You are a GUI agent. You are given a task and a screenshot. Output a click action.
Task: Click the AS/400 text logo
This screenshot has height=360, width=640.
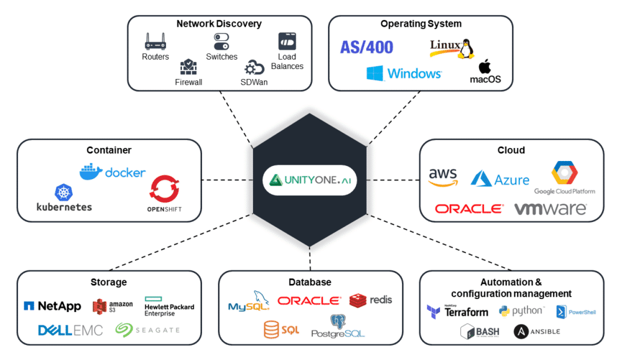[367, 47]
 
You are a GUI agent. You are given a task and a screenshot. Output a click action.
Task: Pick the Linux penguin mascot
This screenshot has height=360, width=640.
[464, 47]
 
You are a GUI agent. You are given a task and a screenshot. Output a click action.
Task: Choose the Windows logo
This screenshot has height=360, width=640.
[375, 73]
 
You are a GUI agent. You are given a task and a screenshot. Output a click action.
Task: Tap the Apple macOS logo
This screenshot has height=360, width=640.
[485, 67]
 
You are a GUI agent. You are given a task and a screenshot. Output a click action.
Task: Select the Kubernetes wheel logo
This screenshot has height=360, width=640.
[64, 193]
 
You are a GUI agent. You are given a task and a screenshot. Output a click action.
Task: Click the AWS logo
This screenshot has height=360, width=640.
[443, 177]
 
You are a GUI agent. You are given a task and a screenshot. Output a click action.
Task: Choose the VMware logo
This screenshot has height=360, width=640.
[550, 209]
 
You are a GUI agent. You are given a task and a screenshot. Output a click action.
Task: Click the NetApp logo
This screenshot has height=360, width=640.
[52, 306]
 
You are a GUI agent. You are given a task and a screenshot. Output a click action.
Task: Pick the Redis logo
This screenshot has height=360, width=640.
[370, 300]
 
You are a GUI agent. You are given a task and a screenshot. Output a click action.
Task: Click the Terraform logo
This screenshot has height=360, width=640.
[457, 312]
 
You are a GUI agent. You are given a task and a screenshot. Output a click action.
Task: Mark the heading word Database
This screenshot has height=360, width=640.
[309, 282]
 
